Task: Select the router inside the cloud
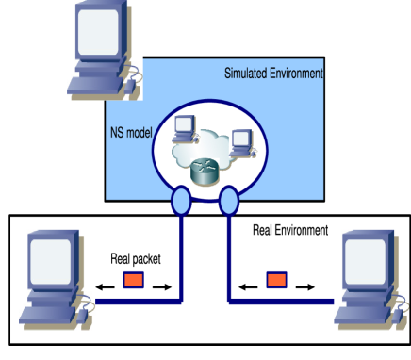(203, 172)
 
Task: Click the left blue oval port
(182, 201)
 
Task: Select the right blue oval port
(228, 201)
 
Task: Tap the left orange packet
(133, 280)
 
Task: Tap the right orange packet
(276, 280)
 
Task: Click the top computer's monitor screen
(98, 32)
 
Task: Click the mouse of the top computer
(135, 75)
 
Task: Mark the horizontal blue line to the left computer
(141, 302)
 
